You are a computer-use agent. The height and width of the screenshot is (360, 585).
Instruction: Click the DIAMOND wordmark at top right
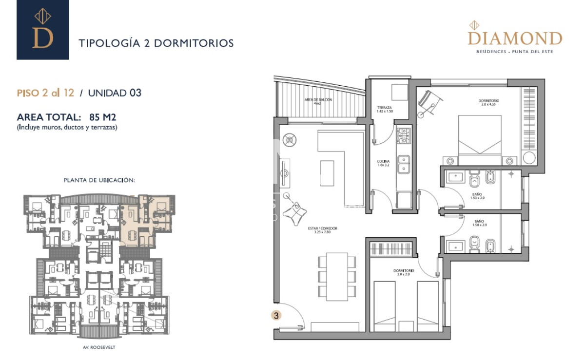coord(515,38)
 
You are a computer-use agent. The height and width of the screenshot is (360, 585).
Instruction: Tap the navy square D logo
coord(43,30)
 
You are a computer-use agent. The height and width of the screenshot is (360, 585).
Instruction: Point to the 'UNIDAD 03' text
coord(115,93)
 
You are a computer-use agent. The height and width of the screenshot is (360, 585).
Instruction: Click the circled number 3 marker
coord(276,315)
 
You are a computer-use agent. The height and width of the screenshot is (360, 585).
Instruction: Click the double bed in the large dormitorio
coord(480,139)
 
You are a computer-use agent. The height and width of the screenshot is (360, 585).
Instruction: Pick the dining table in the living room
coord(337,276)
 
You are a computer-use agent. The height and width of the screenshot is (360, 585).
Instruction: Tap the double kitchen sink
coord(403,164)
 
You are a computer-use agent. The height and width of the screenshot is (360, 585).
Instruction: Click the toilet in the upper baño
coord(475,181)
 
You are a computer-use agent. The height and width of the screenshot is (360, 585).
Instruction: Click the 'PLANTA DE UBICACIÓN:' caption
coord(99,180)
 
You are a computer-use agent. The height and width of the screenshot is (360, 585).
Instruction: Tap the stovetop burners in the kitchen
coord(403,136)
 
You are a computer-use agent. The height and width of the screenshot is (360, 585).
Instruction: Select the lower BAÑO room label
coord(480,223)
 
